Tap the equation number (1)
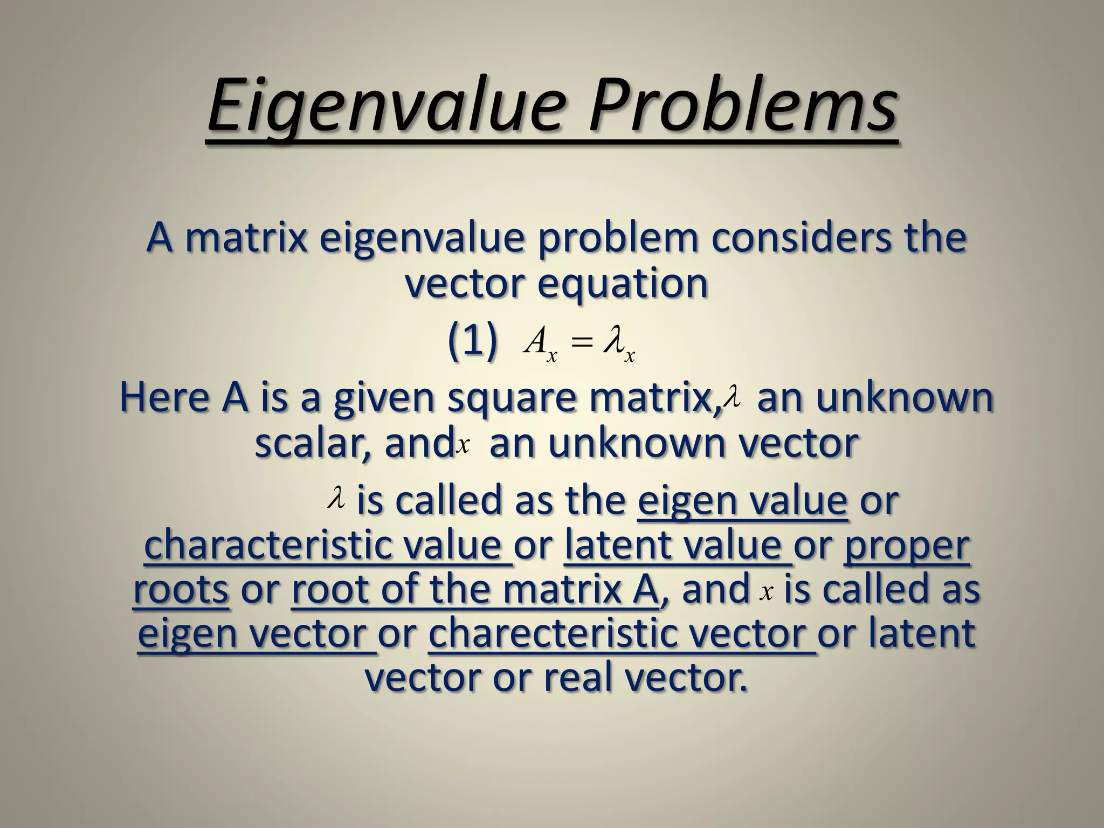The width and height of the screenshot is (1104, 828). point(472,343)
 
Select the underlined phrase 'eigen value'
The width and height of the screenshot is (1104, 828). point(742,501)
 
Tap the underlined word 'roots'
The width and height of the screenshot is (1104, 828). point(181,589)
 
